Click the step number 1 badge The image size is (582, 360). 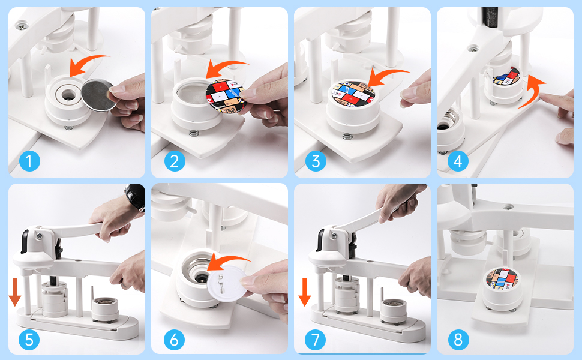pyautogui.click(x=29, y=161)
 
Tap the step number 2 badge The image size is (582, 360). pyautogui.click(x=174, y=161)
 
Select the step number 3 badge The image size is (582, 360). pyautogui.click(x=315, y=161)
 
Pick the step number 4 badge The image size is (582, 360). pyautogui.click(x=458, y=161)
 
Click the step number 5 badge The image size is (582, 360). pyautogui.click(x=29, y=340)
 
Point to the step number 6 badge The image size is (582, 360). pyautogui.click(x=174, y=340)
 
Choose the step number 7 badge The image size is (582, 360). pyautogui.click(x=315, y=340)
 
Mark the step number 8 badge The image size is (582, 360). pyautogui.click(x=458, y=340)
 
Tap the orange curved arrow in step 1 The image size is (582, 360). pyautogui.click(x=87, y=64)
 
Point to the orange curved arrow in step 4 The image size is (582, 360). pyautogui.click(x=531, y=93)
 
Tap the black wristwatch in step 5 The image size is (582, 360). pyautogui.click(x=136, y=197)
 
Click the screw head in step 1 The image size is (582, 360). pyautogui.click(x=23, y=26)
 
